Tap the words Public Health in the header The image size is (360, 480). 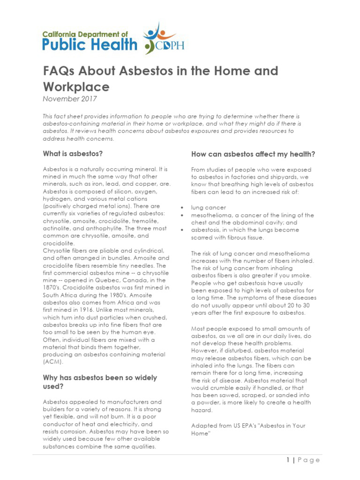pyautogui.click(x=90, y=45)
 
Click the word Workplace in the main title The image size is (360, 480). pyautogui.click(x=76, y=87)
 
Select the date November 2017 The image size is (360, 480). pyautogui.click(x=69, y=98)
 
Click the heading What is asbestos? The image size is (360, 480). pyautogui.click(x=73, y=153)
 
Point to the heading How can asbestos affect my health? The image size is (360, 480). pyautogui.click(x=253, y=154)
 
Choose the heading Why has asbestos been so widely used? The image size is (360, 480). pyautogui.click(x=100, y=382)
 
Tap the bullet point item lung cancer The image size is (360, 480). pyautogui.click(x=208, y=207)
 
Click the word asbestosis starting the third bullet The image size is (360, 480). pyautogui.click(x=207, y=230)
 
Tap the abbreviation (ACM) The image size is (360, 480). pyautogui.click(x=52, y=362)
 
